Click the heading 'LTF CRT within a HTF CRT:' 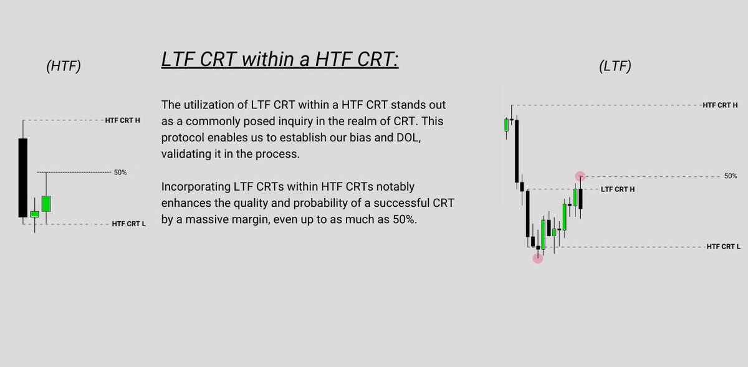coord(279,60)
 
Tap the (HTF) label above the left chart coord(64,67)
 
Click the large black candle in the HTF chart coord(22,177)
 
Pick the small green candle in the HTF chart coord(35,214)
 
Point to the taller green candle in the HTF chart coord(46,203)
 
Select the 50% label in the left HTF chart coord(120,172)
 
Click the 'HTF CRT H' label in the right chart coord(720,105)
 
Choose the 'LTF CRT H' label coord(618,189)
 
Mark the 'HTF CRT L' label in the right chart coord(723,247)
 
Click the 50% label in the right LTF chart coord(731,176)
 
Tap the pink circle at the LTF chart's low coord(538,258)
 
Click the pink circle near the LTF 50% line coord(580,176)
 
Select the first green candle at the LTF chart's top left coord(506,125)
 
